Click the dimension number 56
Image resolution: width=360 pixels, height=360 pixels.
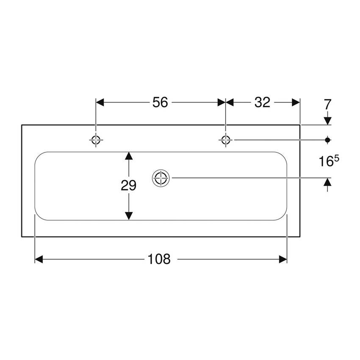click(x=160, y=102)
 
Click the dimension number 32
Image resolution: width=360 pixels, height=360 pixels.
click(x=262, y=102)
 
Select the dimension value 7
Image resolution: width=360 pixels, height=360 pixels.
click(x=327, y=104)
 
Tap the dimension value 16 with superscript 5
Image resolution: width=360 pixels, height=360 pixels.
click(x=329, y=161)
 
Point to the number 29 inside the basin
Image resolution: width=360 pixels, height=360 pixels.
click(x=129, y=186)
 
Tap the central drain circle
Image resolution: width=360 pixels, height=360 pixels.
click(x=161, y=178)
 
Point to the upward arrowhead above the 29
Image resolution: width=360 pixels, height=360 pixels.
click(x=129, y=156)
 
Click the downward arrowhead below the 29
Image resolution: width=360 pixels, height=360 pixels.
click(x=129, y=216)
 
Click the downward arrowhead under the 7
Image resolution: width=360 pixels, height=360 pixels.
click(x=327, y=121)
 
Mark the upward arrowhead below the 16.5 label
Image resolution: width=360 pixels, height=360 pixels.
click(x=327, y=182)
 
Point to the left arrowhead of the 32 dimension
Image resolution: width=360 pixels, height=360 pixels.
click(x=230, y=102)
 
